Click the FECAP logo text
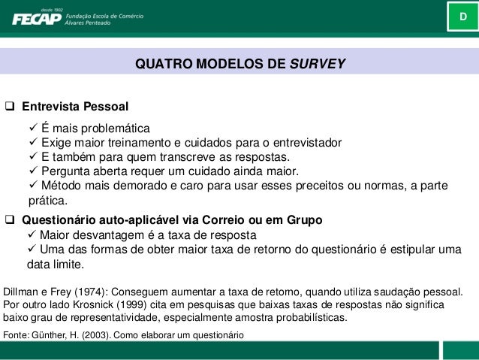pos(35,18)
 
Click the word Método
pos(62,186)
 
